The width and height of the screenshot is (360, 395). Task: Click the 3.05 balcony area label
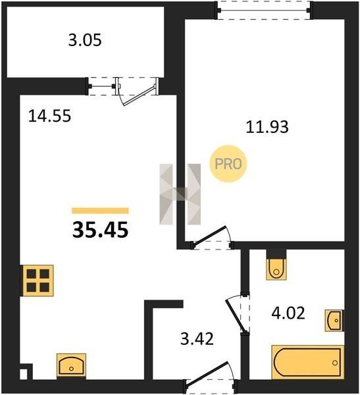[85, 40]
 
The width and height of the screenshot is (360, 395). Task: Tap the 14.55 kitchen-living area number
[49, 116]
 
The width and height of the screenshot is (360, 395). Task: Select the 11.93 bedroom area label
[267, 126]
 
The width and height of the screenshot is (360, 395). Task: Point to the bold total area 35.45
[100, 230]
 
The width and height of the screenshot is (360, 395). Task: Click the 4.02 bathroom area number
[288, 313]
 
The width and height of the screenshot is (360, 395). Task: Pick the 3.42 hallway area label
[197, 339]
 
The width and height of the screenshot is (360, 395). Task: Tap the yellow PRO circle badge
[228, 164]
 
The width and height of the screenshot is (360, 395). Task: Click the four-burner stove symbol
[38, 280]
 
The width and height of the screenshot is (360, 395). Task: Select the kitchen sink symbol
[71, 365]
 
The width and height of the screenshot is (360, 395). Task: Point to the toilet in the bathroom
[276, 268]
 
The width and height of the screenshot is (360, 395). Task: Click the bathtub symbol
[307, 362]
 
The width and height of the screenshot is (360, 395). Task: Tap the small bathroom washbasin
[334, 321]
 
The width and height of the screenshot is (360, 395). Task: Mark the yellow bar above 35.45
[100, 211]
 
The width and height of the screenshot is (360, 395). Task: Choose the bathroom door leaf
[236, 315]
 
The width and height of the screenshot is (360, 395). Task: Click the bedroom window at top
[265, 10]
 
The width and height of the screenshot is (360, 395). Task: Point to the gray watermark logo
[180, 194]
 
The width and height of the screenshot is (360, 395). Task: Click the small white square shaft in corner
[24, 374]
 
